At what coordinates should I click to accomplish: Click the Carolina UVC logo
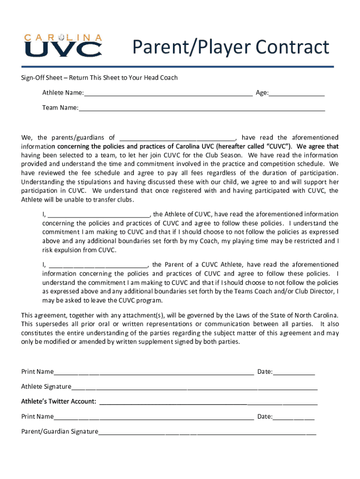63,45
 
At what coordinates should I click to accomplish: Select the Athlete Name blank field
168,93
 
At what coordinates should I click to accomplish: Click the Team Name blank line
202,108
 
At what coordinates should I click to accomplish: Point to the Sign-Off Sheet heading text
99,78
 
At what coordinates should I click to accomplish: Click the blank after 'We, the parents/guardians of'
178,138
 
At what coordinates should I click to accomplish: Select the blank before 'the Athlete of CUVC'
97,215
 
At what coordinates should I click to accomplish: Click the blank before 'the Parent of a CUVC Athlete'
96,265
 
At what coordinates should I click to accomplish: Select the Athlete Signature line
194,387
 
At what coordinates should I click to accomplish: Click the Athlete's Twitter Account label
59,402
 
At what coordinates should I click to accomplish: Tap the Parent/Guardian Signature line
207,432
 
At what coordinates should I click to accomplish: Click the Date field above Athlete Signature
294,372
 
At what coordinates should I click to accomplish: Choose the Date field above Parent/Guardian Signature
294,417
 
